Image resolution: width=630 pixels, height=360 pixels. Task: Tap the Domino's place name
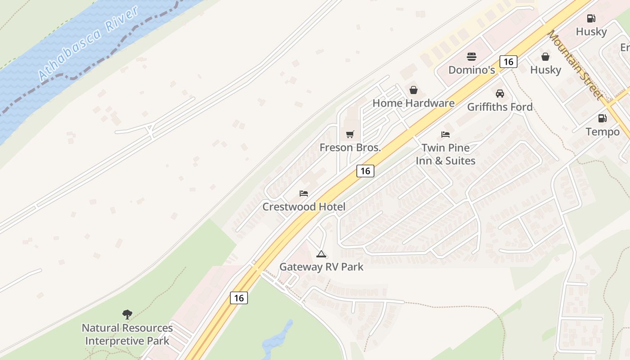[x=472, y=70]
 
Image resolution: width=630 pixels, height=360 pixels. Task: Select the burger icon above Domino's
[x=472, y=57]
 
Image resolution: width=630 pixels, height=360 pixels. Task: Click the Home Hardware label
[x=413, y=103]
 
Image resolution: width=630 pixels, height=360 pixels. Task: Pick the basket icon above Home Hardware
[x=413, y=90]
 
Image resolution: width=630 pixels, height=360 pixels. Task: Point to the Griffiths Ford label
[x=499, y=107]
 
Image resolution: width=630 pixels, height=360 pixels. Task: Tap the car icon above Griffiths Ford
[x=499, y=94]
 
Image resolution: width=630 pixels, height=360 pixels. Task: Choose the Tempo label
[x=602, y=131]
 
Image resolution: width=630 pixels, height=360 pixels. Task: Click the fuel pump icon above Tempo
[x=602, y=118]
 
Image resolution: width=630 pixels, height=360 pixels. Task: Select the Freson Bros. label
[x=350, y=147]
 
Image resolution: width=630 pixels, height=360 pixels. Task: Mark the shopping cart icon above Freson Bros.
[x=350, y=134]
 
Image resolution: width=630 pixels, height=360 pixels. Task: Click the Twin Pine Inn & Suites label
[x=445, y=154]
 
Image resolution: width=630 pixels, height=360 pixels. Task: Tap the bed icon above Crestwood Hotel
[x=304, y=193]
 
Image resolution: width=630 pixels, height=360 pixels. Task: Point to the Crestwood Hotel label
[x=304, y=207]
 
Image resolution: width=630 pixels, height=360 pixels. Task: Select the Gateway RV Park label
[x=321, y=266]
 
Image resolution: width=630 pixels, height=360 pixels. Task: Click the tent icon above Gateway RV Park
[x=321, y=254]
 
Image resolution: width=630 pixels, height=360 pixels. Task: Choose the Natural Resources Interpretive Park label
[x=127, y=334]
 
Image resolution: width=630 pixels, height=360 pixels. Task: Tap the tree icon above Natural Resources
[x=127, y=314]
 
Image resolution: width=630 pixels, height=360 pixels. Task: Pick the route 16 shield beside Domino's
[x=508, y=62]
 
